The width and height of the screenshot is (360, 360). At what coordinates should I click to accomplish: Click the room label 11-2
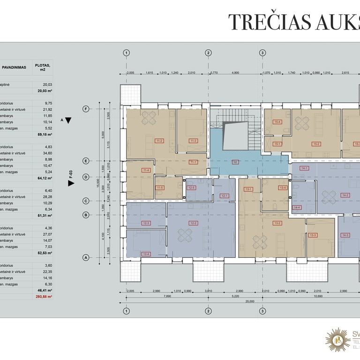[159, 141]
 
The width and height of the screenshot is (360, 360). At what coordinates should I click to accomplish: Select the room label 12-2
[193, 223]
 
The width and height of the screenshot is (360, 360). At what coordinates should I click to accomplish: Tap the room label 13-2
[277, 223]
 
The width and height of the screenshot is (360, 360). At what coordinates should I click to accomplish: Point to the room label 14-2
[345, 195]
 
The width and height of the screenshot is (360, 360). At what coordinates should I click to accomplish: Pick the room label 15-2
[316, 144]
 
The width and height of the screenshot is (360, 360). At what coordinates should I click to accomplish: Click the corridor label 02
[235, 162]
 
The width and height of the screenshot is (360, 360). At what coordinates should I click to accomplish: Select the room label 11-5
[160, 187]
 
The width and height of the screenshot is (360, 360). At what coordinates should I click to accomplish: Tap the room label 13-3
[313, 235]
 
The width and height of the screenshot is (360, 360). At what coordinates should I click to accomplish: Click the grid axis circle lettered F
[86, 109]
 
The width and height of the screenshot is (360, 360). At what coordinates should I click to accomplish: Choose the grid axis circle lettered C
[86, 201]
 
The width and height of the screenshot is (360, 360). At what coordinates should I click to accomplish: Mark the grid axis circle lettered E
[86, 161]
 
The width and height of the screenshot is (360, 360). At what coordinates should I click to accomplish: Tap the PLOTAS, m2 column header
[43, 67]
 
